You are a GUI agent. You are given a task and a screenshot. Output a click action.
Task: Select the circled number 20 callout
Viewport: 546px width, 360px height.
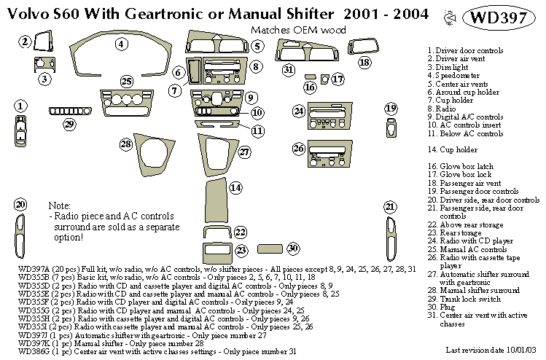point(20,204)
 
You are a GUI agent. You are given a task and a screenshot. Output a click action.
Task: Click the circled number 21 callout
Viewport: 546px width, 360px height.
point(390,206)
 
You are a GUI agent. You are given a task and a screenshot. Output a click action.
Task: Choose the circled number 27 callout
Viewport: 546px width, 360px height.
point(244,152)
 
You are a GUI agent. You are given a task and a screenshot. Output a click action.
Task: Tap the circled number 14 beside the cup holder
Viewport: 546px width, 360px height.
point(235,188)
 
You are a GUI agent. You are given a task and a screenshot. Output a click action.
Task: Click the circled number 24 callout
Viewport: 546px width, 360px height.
point(298,111)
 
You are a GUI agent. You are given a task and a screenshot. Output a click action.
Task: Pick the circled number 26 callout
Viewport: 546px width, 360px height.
point(298,149)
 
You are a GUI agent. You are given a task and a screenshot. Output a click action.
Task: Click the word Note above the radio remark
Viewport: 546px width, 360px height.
point(60,206)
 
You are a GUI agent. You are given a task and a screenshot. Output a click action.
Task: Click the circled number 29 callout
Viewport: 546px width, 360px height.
point(69,124)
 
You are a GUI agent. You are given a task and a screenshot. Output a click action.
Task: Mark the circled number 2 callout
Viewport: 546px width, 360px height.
point(26,42)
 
